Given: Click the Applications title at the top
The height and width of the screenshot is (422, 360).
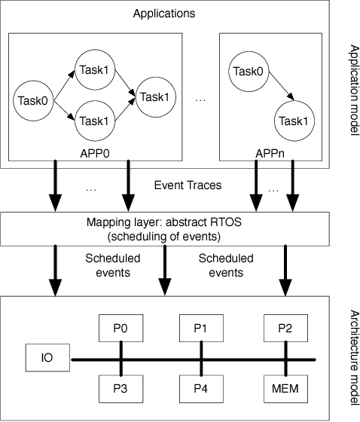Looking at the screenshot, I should pyautogui.click(x=164, y=14).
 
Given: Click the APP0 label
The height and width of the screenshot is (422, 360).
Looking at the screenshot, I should pyautogui.click(x=94, y=149).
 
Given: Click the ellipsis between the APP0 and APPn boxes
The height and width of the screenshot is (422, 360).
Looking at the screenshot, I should pyautogui.click(x=200, y=99).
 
